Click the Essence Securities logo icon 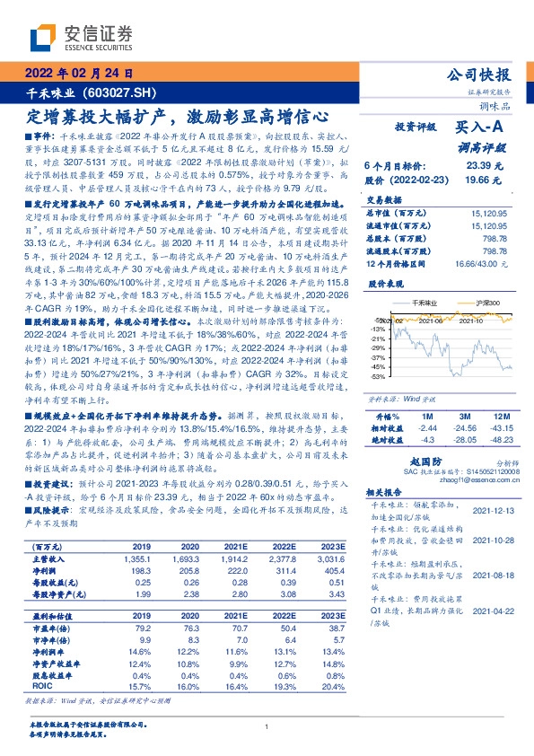point(44,36)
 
